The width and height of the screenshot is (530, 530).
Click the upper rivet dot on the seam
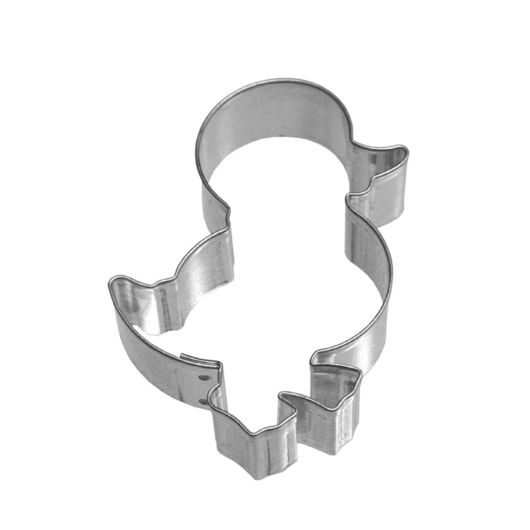click(203, 378)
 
